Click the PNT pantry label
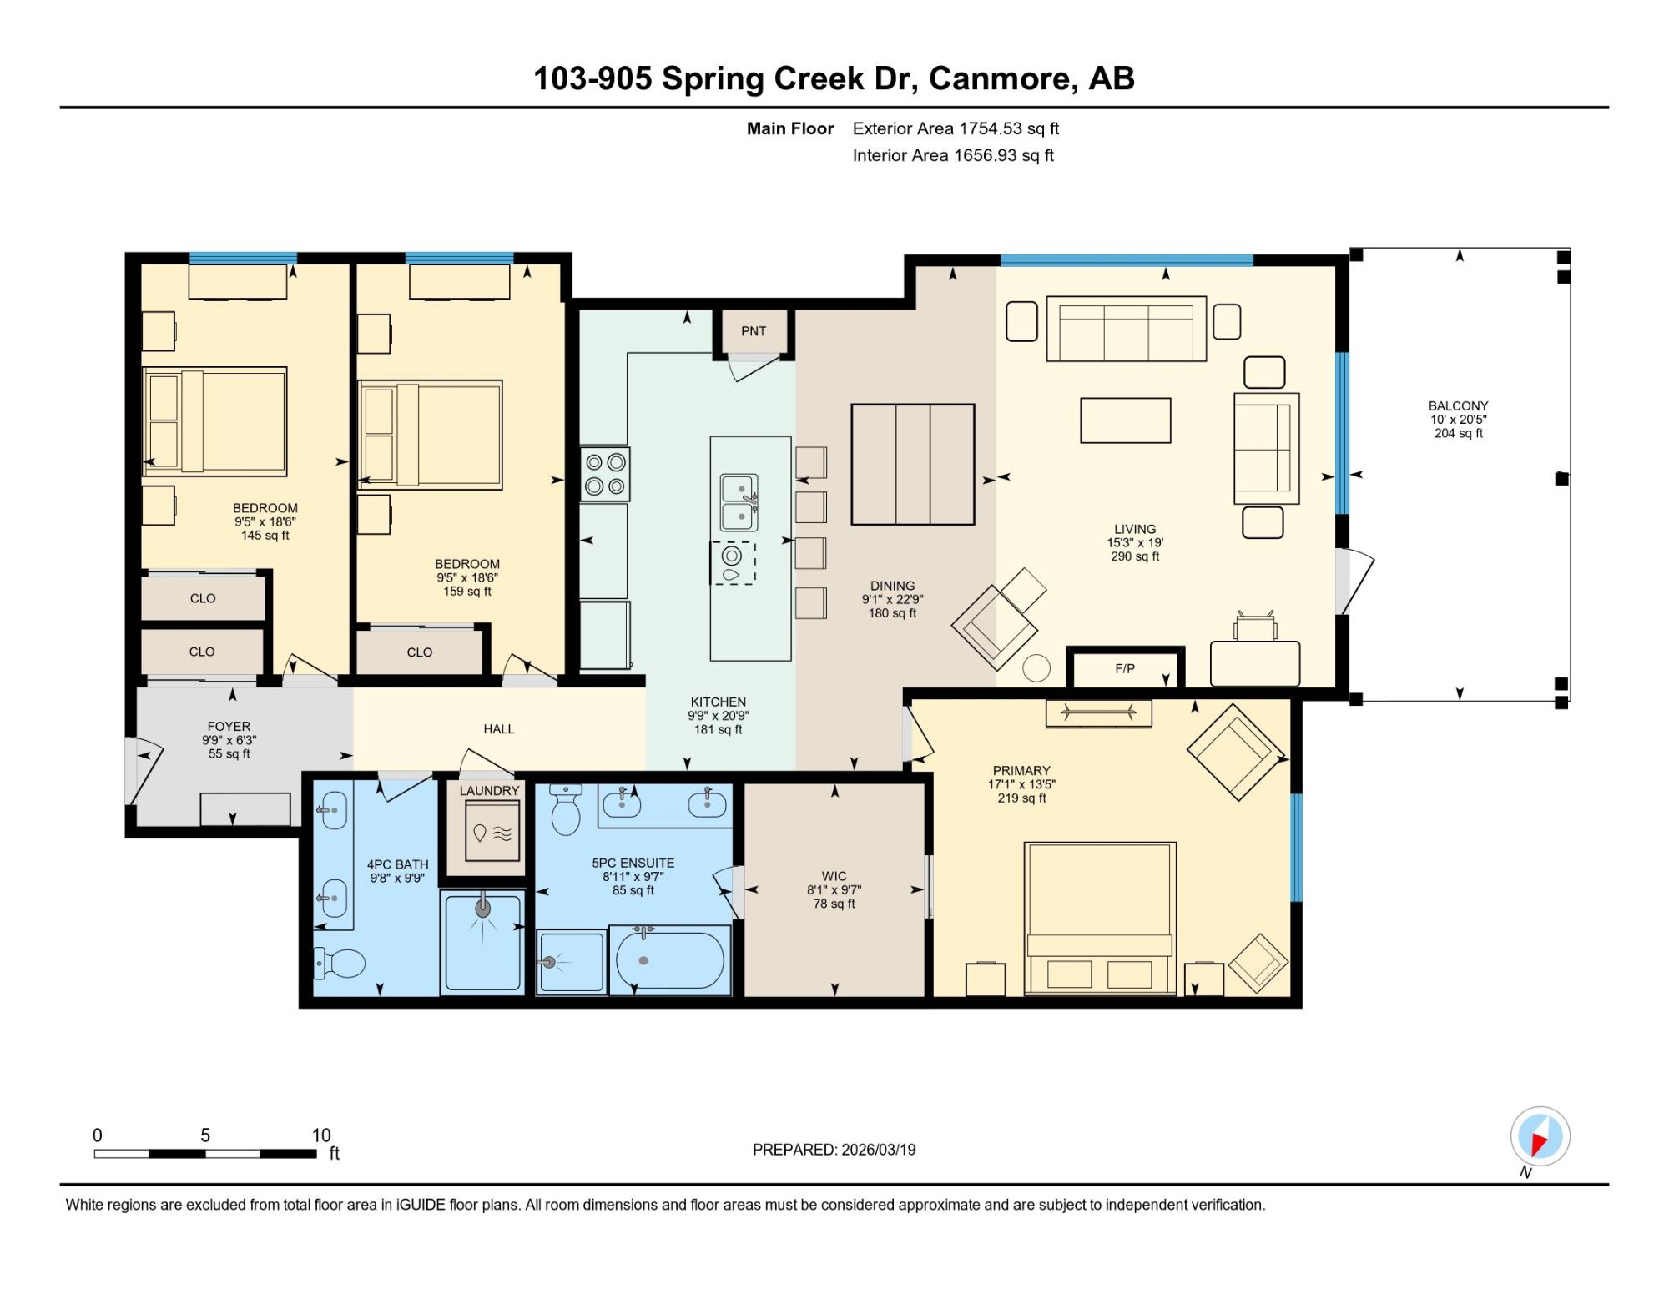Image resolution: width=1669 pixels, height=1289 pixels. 754,331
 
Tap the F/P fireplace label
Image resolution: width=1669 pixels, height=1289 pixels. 1125,669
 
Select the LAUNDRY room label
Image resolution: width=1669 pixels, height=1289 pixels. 489,790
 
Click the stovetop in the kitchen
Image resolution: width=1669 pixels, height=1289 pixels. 605,474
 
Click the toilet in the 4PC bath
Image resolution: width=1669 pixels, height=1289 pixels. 340,964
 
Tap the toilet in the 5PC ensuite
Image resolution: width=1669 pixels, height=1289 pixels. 566,809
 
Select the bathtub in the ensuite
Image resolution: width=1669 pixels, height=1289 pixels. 670,960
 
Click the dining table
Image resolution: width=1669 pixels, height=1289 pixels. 913,465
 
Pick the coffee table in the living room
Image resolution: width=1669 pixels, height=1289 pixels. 1126,420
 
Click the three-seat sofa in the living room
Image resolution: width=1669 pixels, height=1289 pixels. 1127,329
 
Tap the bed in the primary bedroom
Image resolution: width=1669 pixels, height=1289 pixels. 1101,919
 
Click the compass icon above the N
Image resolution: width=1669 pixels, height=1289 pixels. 1540,1136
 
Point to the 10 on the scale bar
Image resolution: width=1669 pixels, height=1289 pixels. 321,1135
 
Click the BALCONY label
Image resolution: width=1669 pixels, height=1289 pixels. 1459,406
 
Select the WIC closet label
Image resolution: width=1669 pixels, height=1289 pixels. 834,876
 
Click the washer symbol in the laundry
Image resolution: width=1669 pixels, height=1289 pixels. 492,832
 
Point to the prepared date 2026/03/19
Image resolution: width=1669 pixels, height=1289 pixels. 879,1150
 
